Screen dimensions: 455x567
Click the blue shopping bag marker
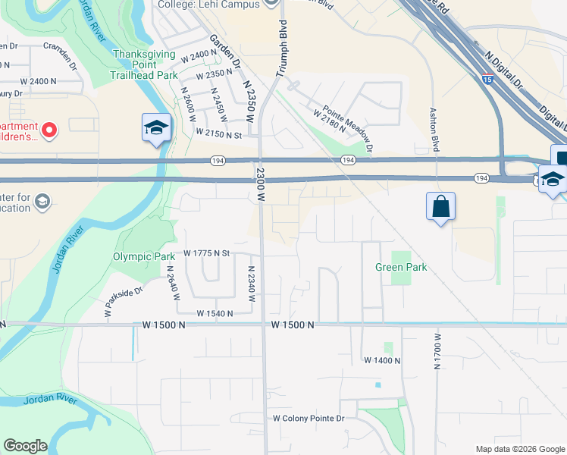(x=441, y=206)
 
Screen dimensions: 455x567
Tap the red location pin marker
(x=49, y=130)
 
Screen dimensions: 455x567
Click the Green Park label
(x=401, y=267)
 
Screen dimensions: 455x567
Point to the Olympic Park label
(x=144, y=256)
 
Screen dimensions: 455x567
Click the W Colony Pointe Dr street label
(x=309, y=418)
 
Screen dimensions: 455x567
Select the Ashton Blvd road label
(x=435, y=130)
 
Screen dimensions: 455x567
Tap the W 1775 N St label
(x=206, y=253)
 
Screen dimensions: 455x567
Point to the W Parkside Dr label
(x=124, y=301)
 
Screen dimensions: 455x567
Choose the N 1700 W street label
(x=437, y=350)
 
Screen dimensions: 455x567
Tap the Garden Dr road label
(x=219, y=49)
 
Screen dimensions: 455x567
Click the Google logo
(x=25, y=446)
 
